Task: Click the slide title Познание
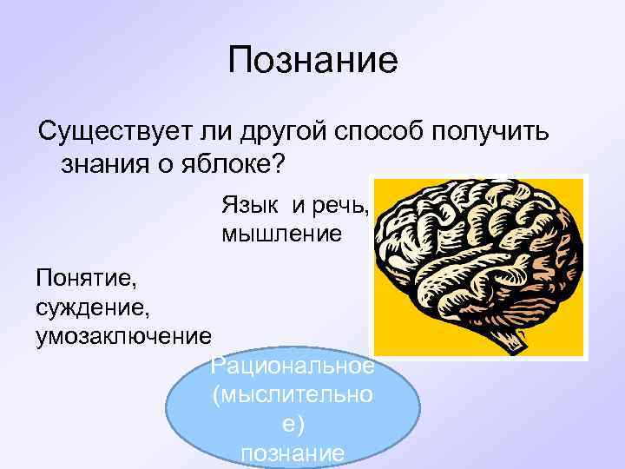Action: point(312,60)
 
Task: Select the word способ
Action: point(378,133)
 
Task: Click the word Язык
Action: point(251,205)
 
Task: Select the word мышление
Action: point(282,234)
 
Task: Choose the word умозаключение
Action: point(122,334)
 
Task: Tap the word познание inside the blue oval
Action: point(293,453)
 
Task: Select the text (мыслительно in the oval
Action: point(293,396)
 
